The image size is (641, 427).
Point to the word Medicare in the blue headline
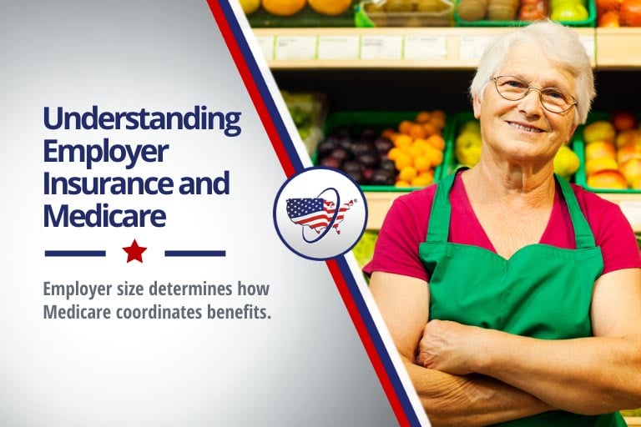click(104, 216)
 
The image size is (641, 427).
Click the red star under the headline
click(134, 252)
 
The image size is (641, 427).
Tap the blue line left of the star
click(75, 254)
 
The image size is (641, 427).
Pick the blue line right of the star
click(195, 254)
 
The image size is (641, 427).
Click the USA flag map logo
click(320, 213)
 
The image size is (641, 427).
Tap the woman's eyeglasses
click(533, 93)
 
